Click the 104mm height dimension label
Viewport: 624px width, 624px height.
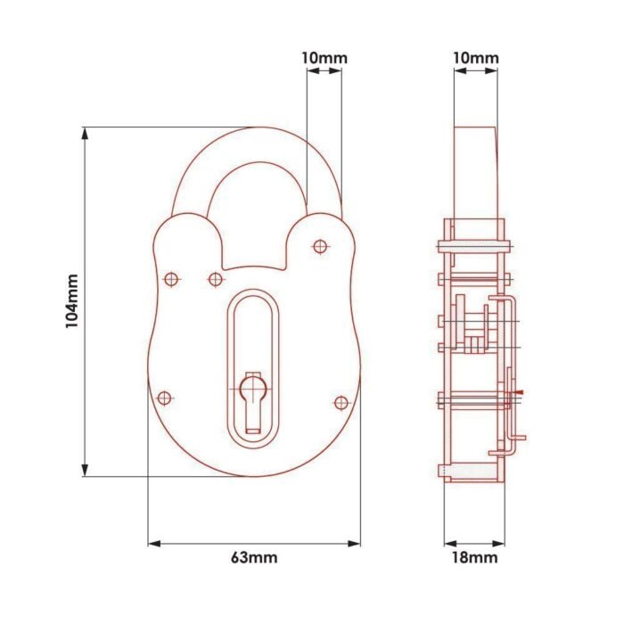72,301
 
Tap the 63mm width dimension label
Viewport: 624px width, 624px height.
254,557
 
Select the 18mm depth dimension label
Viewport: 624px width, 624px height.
474,557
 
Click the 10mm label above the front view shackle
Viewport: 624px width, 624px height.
324,58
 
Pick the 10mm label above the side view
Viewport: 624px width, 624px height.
475,58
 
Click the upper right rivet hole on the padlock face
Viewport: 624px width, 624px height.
320,246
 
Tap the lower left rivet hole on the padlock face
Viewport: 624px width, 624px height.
164,398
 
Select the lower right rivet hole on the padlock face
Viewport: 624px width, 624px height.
341,403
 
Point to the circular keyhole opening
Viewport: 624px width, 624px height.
253,387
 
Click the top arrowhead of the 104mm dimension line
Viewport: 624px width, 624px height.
85,134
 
